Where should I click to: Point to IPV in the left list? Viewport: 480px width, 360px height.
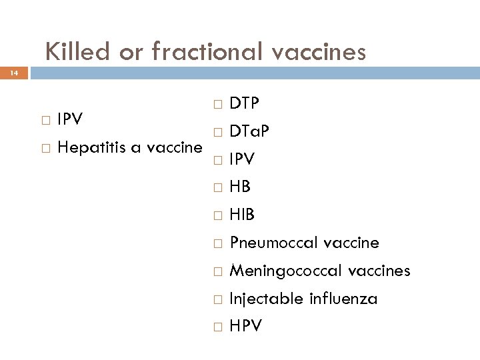pos(70,119)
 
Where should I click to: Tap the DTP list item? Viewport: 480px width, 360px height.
pos(245,103)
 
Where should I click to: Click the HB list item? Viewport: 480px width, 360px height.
pos(239,187)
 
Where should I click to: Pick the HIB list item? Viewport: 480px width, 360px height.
pos(241,215)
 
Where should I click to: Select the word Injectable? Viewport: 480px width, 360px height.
pos(266,299)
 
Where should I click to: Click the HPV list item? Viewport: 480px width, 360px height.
pos(245,326)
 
